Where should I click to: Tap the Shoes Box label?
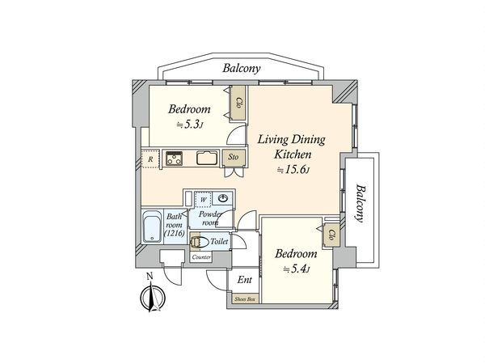246,299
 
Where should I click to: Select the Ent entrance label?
244,280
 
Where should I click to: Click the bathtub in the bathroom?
153,226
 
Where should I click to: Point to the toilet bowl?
199,242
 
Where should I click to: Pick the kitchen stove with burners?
174,159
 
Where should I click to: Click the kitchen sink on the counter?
207,158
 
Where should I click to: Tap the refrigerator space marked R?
150,159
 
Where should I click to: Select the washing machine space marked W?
203,199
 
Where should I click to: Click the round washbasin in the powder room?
223,198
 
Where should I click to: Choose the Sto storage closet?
234,157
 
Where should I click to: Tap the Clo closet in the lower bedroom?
331,235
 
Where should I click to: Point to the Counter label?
201,257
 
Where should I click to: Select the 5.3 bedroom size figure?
190,125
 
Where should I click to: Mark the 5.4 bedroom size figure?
297,269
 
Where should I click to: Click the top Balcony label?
242,68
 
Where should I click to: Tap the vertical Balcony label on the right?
360,203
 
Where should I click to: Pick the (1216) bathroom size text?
175,233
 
